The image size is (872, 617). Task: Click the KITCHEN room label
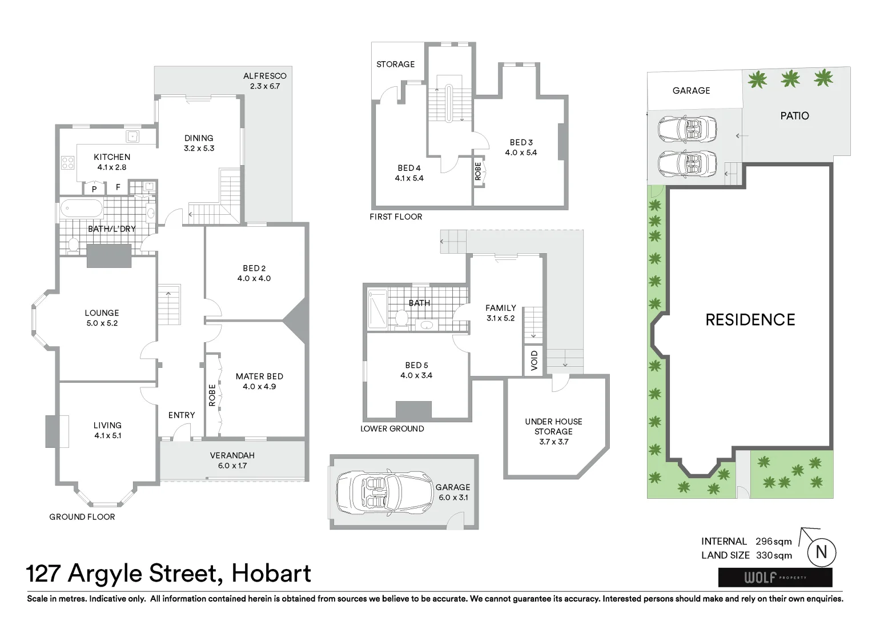(x=112, y=157)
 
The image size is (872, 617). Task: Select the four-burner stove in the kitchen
(x=67, y=163)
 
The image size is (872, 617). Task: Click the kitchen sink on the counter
(x=133, y=136)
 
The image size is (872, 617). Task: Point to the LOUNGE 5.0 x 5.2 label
(x=102, y=318)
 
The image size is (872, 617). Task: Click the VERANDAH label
(x=232, y=456)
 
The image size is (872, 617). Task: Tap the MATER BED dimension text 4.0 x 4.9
(x=259, y=387)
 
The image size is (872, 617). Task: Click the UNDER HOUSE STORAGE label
(x=553, y=427)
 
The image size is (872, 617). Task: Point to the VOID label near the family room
(x=535, y=361)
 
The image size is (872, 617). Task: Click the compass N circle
(x=821, y=552)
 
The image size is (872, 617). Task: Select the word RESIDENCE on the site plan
(x=750, y=320)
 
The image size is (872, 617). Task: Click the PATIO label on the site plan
(x=794, y=116)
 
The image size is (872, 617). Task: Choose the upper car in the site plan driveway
(x=687, y=130)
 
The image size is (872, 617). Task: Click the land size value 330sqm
(x=774, y=555)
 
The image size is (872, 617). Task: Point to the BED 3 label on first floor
(x=521, y=142)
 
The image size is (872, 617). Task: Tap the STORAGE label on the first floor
(x=395, y=65)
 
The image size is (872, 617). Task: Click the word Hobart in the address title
(x=271, y=574)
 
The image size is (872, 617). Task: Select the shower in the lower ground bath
(x=377, y=308)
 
